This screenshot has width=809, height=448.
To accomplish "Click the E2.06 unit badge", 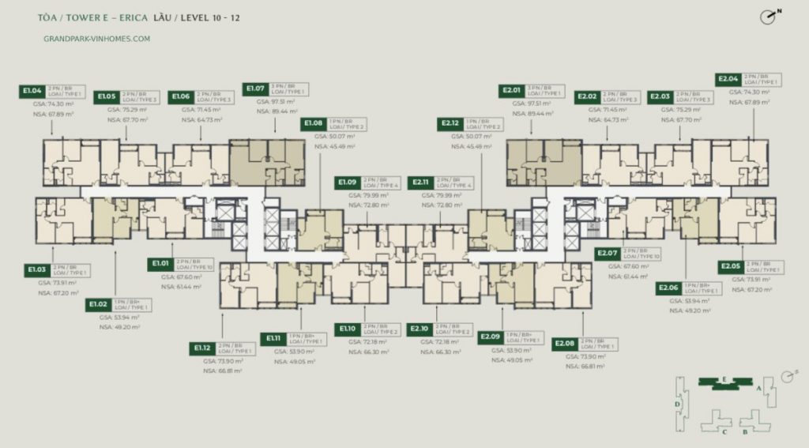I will tap(671, 288).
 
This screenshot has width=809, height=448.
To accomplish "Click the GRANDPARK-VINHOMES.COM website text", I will tap(99, 37).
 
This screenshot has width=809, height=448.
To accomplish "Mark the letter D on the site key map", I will tap(677, 404).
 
